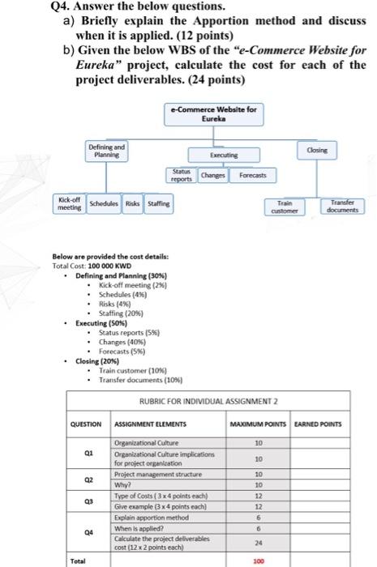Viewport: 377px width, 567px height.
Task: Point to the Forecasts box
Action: [x=253, y=174]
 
